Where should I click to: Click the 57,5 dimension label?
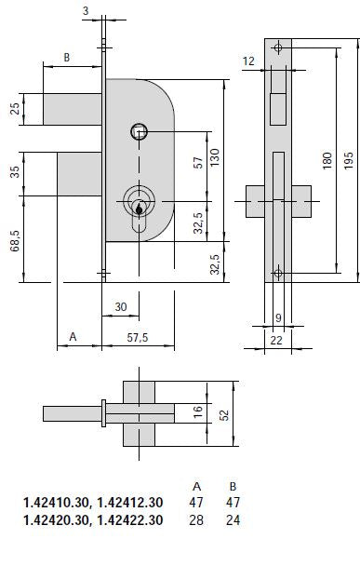tap(138, 338)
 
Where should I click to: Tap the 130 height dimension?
tap(215, 157)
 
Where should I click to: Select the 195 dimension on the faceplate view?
tap(348, 161)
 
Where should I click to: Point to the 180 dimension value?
tap(327, 161)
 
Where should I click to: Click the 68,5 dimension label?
tap(15, 241)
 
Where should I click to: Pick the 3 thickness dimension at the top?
tap(86, 11)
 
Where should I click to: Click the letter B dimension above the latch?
tap(67, 58)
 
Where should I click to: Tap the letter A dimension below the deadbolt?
tap(73, 337)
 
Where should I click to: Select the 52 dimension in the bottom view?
tap(224, 415)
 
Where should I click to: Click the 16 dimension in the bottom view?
tap(198, 412)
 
